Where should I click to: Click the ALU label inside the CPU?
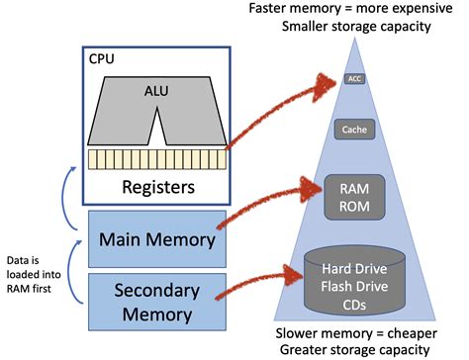click(155, 91)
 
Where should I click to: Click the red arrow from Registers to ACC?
click(287, 109)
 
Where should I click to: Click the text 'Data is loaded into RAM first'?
click(33, 264)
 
